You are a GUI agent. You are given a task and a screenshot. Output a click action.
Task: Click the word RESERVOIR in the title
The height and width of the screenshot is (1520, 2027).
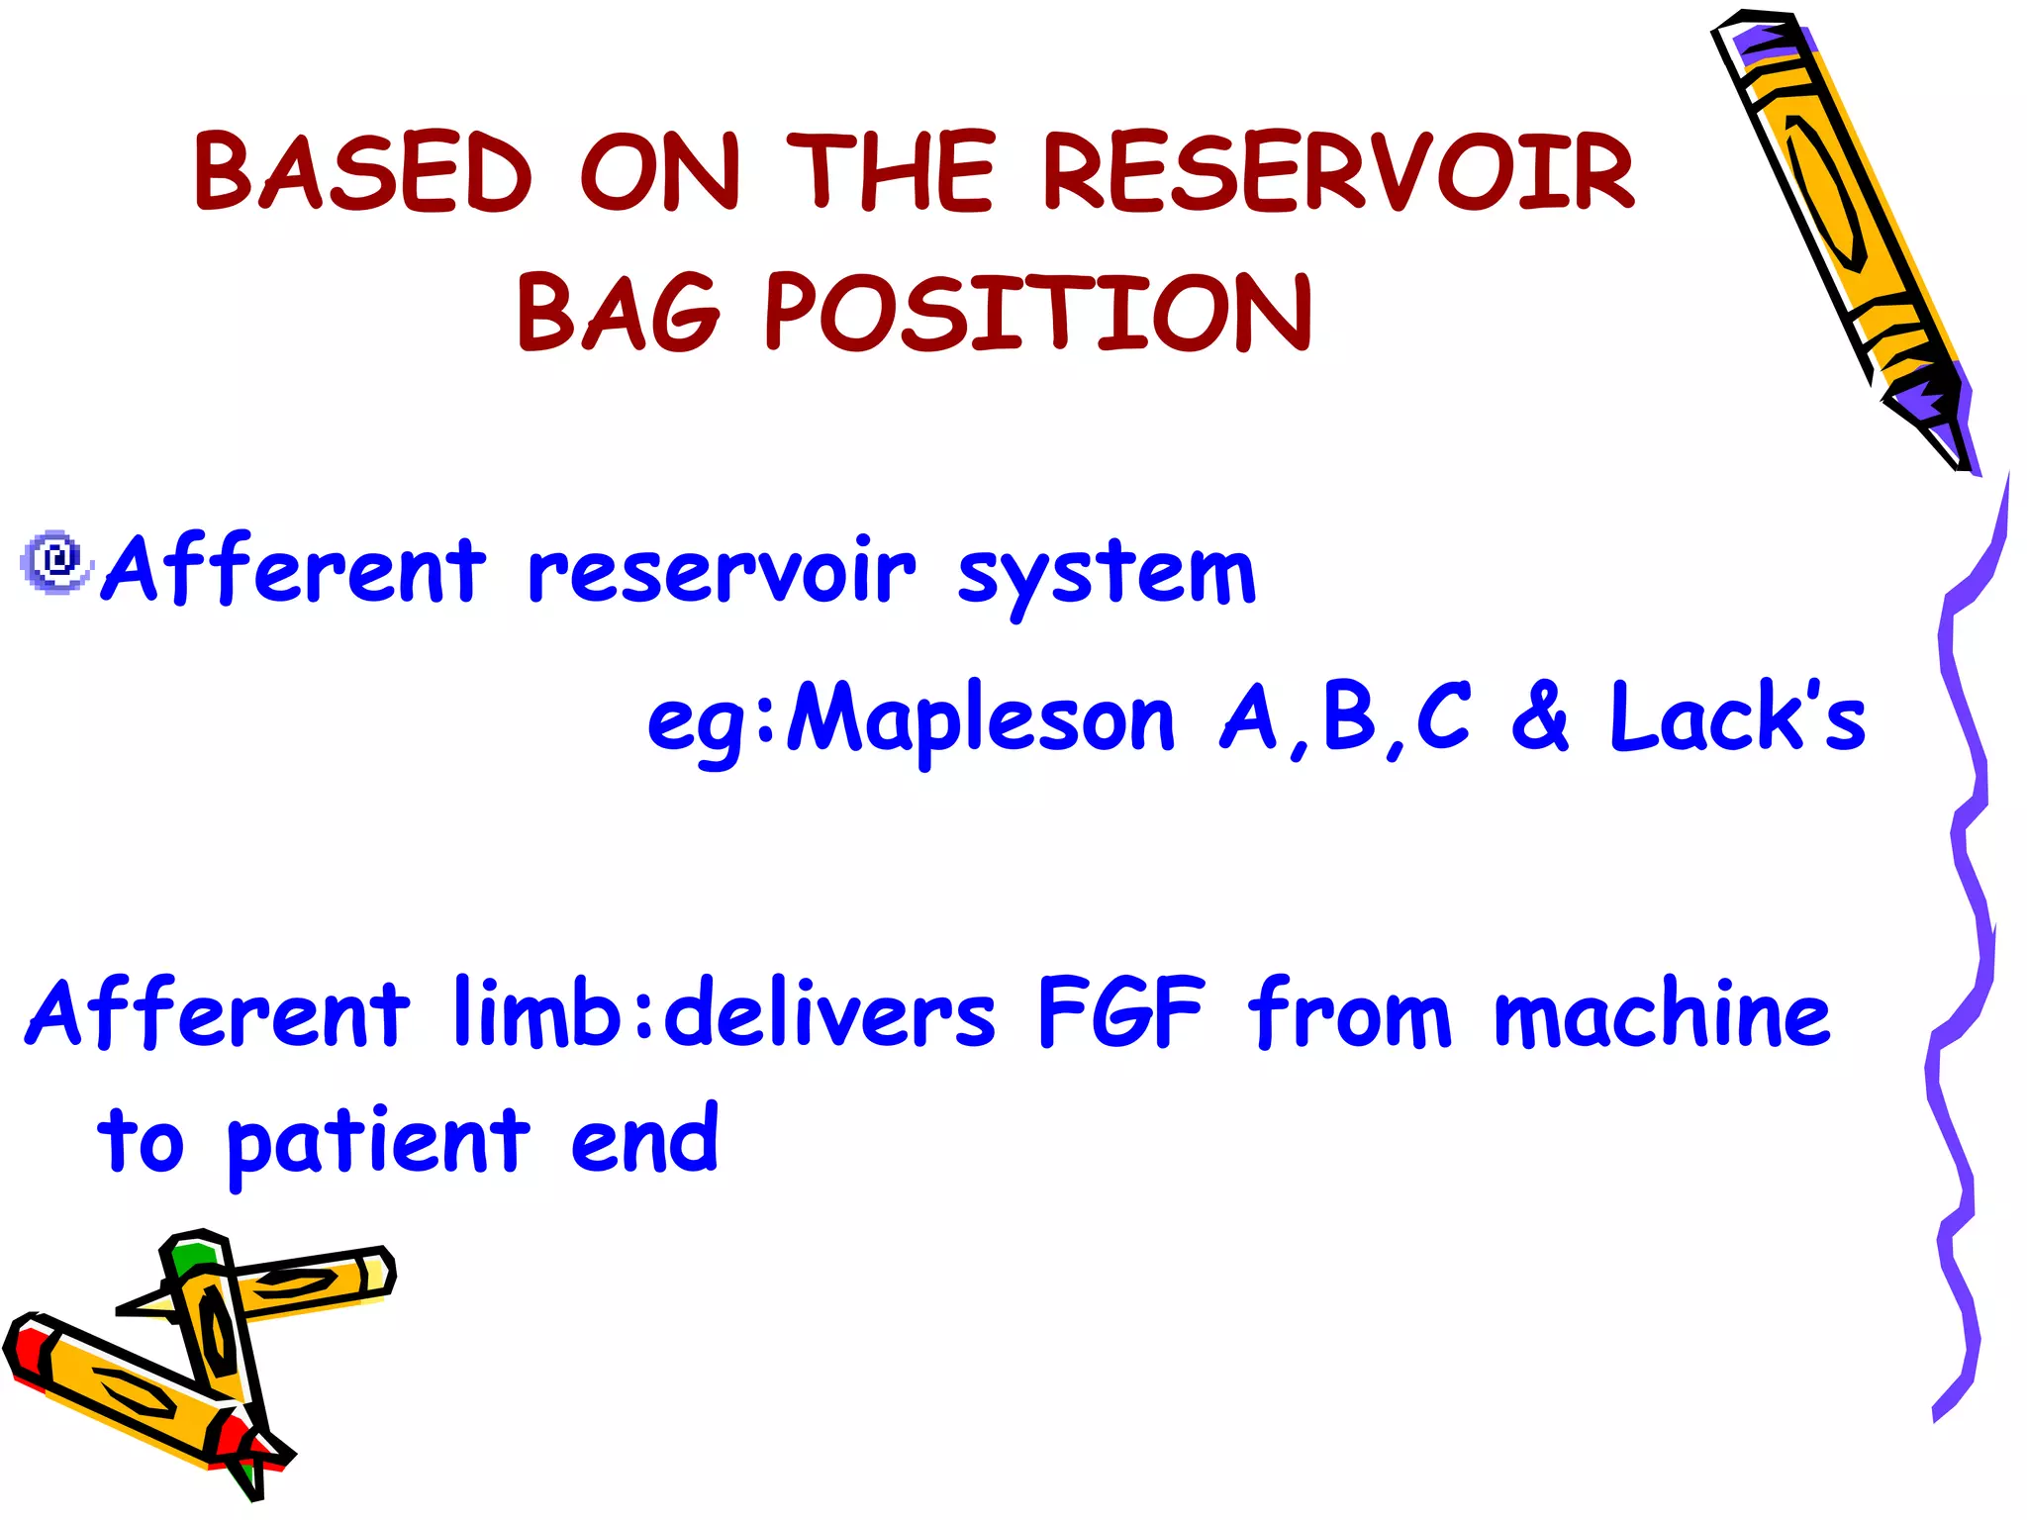pyautogui.click(x=1338, y=173)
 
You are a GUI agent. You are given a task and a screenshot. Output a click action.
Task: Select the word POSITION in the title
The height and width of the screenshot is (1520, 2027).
pyautogui.click(x=1038, y=314)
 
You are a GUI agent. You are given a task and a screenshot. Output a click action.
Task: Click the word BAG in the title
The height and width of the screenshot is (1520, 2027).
pyautogui.click(x=619, y=314)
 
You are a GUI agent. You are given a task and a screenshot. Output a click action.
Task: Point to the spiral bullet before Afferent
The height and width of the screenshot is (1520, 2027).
pyautogui.click(x=56, y=561)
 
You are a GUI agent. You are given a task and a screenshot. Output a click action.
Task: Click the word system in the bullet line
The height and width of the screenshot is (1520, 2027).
pyautogui.click(x=1107, y=574)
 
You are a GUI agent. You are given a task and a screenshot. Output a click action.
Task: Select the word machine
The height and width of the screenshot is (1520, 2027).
pyautogui.click(x=1662, y=1013)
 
